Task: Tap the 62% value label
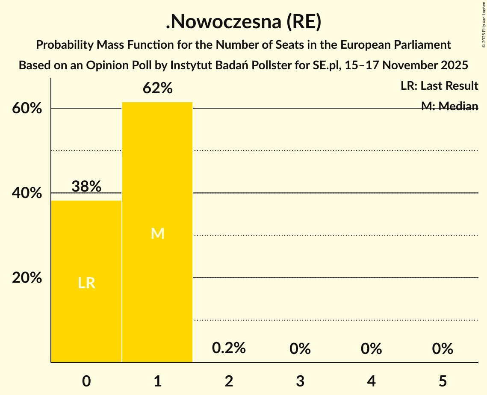158,88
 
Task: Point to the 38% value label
86,186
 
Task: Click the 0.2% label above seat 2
229,348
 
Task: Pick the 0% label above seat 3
300,349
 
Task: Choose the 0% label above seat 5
443,349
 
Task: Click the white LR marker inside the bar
86,283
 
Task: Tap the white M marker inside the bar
158,233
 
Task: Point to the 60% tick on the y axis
27,109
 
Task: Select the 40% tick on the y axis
27,193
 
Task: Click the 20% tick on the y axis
27,278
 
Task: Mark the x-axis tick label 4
372,381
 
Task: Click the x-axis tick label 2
229,381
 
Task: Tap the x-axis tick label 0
86,381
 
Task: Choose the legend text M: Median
449,106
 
